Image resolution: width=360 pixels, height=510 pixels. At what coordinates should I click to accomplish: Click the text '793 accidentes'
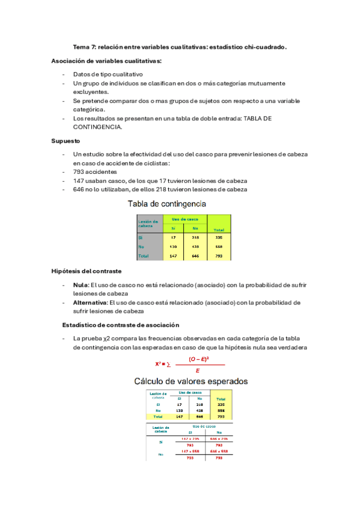[x=93, y=172]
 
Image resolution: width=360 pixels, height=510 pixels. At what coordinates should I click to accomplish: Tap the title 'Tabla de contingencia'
[x=166, y=204]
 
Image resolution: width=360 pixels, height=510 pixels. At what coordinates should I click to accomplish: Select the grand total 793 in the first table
[x=219, y=256]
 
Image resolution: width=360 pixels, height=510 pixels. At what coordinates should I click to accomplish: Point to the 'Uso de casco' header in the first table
[x=185, y=219]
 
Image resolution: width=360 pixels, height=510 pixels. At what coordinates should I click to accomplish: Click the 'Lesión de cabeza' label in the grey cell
[x=148, y=223]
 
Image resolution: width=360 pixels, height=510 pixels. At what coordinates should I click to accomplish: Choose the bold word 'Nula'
[x=81, y=285]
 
